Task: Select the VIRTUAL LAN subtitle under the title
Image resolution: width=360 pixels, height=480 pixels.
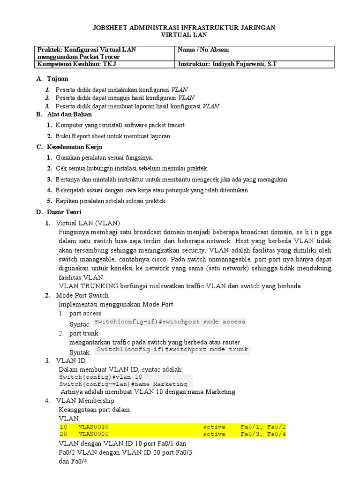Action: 183,35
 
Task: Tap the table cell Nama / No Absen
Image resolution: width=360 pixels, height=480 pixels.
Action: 204,50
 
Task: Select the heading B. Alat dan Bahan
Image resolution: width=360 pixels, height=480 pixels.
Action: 64,114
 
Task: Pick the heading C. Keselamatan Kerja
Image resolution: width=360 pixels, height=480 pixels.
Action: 69,147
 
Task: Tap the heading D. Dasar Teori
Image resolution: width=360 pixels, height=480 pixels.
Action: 59,212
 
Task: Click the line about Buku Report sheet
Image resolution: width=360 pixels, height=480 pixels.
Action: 112,136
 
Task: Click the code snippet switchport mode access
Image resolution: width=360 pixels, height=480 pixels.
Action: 170,322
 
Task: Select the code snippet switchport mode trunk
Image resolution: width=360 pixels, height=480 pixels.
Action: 172,349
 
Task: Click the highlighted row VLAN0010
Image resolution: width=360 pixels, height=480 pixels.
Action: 93,427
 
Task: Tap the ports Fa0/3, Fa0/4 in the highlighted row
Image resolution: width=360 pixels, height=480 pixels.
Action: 263,434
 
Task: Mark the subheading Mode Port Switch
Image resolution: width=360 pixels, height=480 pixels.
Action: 82,295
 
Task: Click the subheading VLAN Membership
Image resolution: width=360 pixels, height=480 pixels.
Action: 85,401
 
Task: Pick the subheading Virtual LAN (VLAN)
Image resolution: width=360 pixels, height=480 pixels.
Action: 88,223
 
